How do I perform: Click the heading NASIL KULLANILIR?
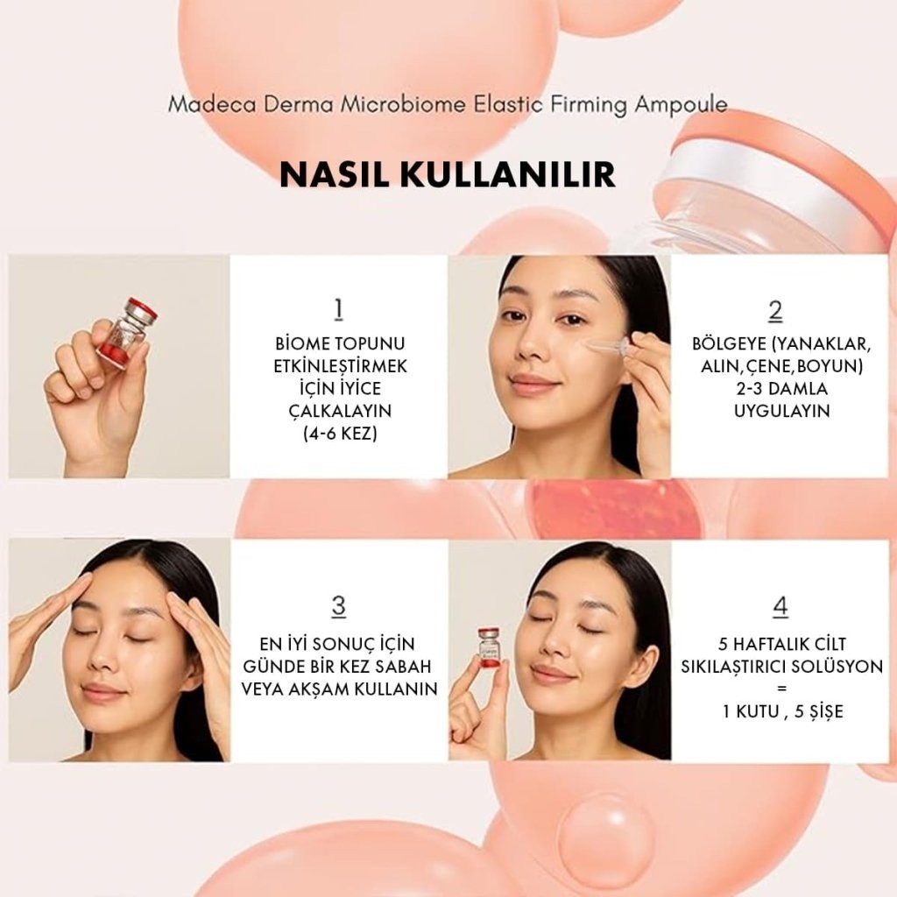point(448,173)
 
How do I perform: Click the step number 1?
point(338,310)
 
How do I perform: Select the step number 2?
point(775,311)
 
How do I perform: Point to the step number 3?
point(338,606)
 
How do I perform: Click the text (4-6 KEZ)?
point(338,433)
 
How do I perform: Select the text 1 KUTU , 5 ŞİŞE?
point(782,711)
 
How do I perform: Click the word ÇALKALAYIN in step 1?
point(338,410)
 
